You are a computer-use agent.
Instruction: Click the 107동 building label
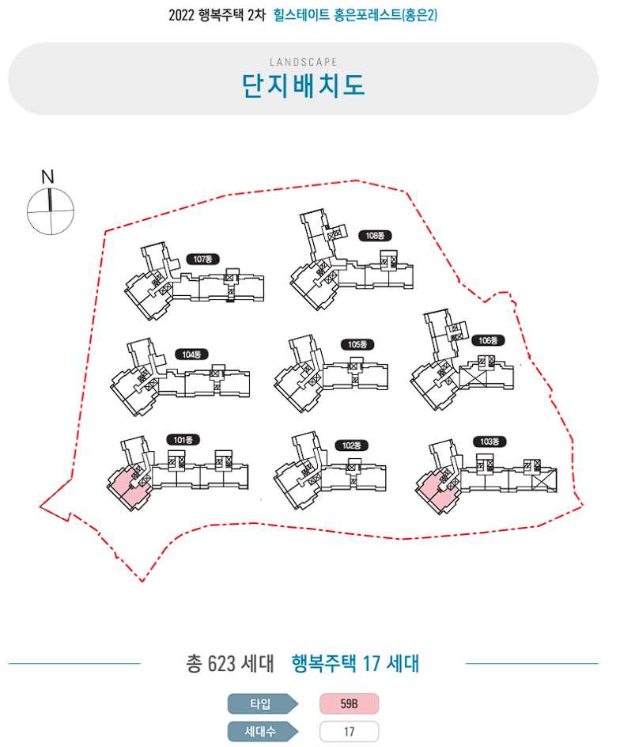pyautogui.click(x=204, y=259)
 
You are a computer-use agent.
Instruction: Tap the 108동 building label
pyautogui.click(x=375, y=235)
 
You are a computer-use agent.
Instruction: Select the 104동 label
pyautogui.click(x=191, y=355)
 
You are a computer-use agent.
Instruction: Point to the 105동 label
pyautogui.click(x=357, y=345)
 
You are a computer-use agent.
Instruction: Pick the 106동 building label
pyautogui.click(x=488, y=341)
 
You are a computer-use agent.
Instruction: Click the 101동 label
pyautogui.click(x=183, y=439)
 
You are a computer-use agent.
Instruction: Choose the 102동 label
pyautogui.click(x=351, y=446)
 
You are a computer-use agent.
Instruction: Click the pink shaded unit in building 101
pyautogui.click(x=127, y=483)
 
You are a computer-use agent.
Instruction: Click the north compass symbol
pyautogui.click(x=50, y=211)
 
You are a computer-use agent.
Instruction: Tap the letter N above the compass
pyautogui.click(x=47, y=176)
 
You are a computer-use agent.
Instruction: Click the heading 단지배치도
pyautogui.click(x=304, y=85)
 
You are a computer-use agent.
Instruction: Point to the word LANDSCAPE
pyautogui.click(x=303, y=62)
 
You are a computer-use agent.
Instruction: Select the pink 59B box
pyautogui.click(x=349, y=703)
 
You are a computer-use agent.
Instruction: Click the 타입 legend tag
pyautogui.click(x=261, y=703)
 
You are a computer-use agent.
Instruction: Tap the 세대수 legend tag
pyautogui.click(x=261, y=731)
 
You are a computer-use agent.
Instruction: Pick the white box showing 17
pyautogui.click(x=349, y=731)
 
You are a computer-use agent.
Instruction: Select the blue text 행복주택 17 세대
pyautogui.click(x=355, y=663)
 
